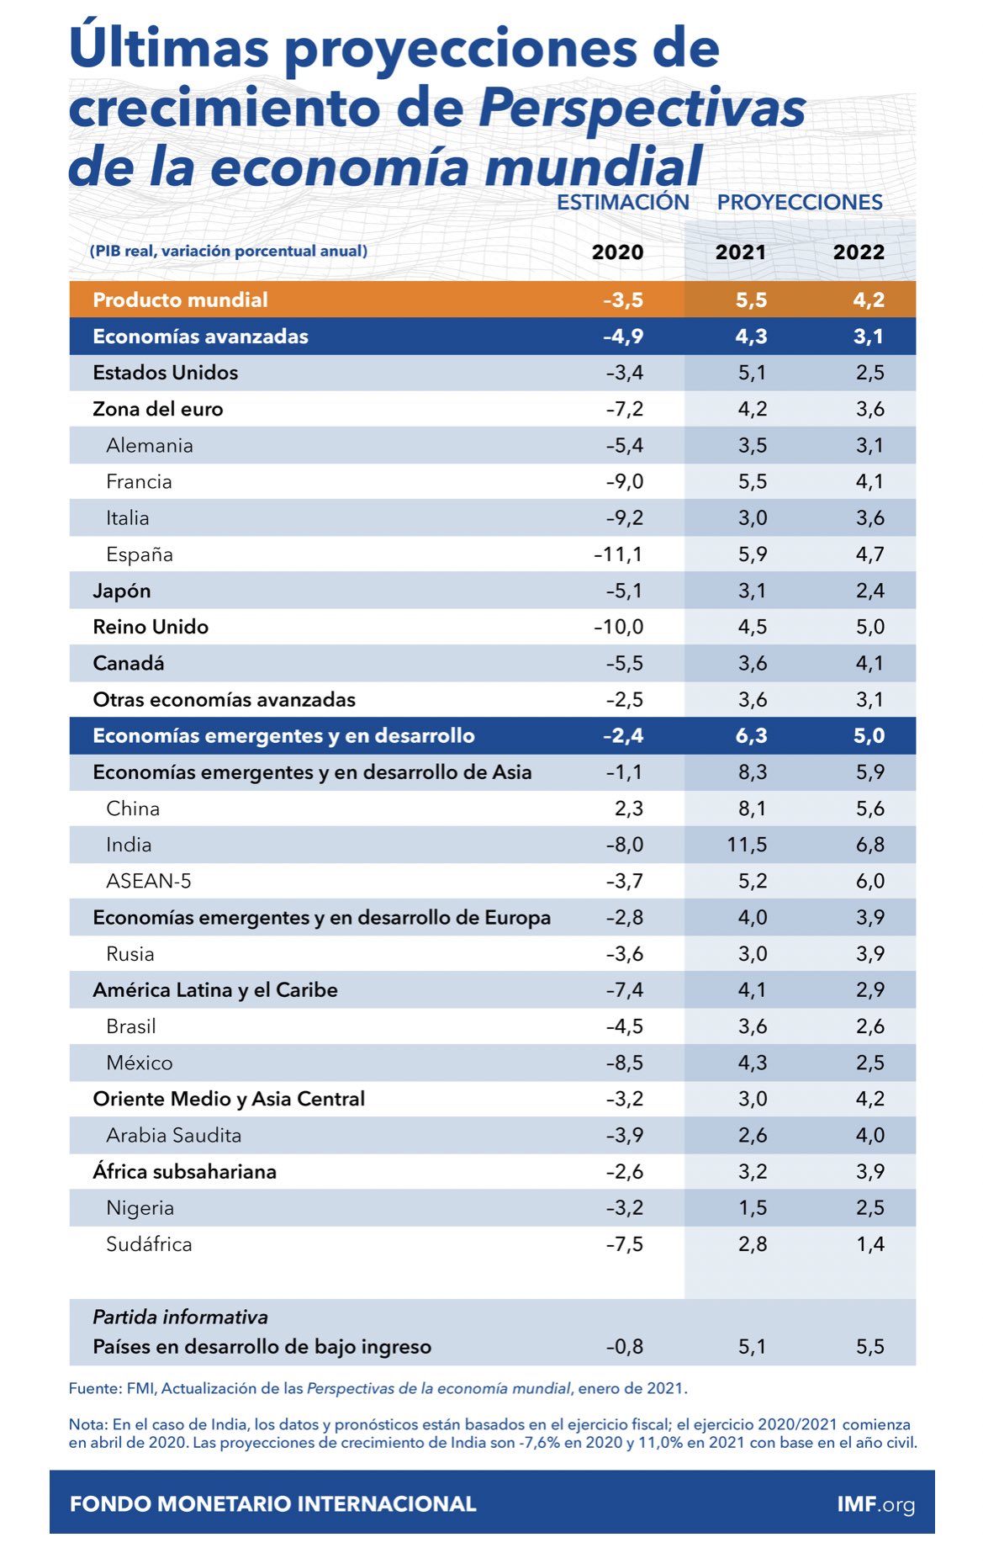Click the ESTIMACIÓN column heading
click(623, 202)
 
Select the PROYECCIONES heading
click(800, 202)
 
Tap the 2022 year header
click(859, 252)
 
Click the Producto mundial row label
click(180, 300)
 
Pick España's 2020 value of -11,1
click(618, 554)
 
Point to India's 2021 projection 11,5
click(747, 845)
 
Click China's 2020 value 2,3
click(629, 809)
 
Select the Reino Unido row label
click(151, 627)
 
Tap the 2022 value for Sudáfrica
click(870, 1244)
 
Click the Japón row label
click(122, 591)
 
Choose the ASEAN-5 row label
click(149, 881)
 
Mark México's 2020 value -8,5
click(624, 1063)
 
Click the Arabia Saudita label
click(173, 1135)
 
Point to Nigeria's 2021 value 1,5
click(753, 1208)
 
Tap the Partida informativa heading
click(180, 1317)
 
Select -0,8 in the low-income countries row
click(624, 1347)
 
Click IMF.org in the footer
click(875, 1504)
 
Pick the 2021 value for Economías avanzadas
click(751, 337)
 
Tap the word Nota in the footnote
click(87, 1424)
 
